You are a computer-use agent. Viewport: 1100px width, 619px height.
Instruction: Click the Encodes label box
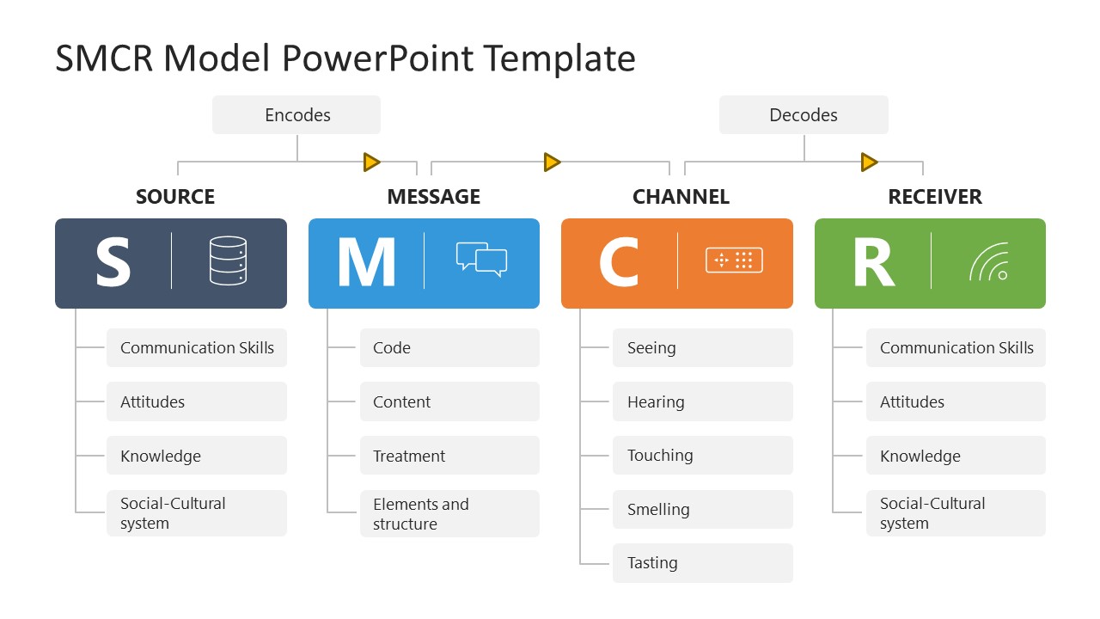[296, 115]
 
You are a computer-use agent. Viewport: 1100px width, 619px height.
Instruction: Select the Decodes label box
[804, 115]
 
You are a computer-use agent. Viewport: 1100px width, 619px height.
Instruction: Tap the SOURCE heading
[175, 197]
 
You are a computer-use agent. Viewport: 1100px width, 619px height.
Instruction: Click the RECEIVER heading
[935, 197]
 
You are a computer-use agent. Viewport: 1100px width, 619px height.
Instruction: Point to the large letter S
[113, 262]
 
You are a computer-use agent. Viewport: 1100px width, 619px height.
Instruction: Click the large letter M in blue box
[366, 262]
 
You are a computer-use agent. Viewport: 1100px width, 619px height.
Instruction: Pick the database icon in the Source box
[228, 261]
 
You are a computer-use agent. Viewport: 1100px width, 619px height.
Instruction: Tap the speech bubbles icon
[481, 260]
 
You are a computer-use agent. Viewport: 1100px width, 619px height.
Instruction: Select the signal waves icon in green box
[988, 262]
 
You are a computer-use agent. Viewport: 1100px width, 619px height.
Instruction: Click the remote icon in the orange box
[734, 260]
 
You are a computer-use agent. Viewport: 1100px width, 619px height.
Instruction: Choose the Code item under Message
[449, 348]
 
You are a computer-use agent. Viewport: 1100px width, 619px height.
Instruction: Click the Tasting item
[702, 563]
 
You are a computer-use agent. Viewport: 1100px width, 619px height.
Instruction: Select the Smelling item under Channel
[702, 510]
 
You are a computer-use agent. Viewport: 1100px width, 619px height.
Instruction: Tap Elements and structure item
[449, 514]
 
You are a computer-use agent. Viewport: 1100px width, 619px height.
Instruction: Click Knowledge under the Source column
[196, 457]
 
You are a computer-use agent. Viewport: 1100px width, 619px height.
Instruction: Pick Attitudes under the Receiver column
[956, 402]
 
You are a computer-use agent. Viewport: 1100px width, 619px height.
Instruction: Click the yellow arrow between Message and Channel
[552, 162]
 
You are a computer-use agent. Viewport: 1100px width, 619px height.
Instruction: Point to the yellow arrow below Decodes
[869, 162]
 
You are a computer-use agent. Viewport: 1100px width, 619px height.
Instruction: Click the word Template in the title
[559, 58]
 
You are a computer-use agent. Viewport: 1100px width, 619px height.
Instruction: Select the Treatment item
[449, 457]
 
